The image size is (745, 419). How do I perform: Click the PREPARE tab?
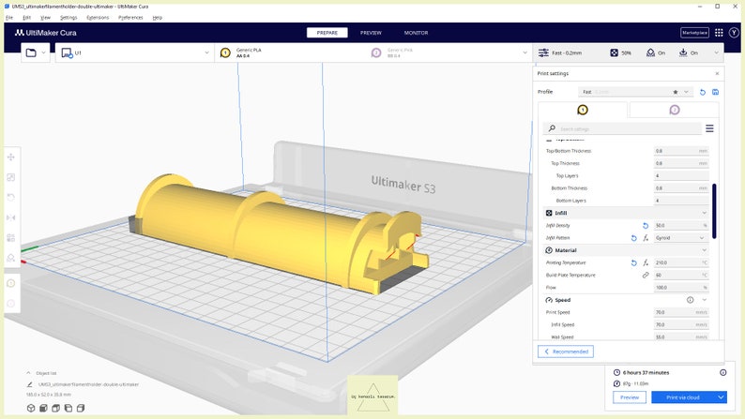(327, 33)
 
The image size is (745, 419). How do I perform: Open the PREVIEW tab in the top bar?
(371, 33)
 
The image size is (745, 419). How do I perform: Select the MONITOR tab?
(416, 33)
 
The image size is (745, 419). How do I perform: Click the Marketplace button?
(694, 33)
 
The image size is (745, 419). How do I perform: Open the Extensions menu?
(98, 17)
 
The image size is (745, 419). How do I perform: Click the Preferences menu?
(131, 17)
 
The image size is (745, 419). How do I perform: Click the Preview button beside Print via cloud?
(629, 397)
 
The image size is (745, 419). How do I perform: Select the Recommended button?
(567, 352)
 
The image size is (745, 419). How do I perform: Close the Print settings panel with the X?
(717, 73)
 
